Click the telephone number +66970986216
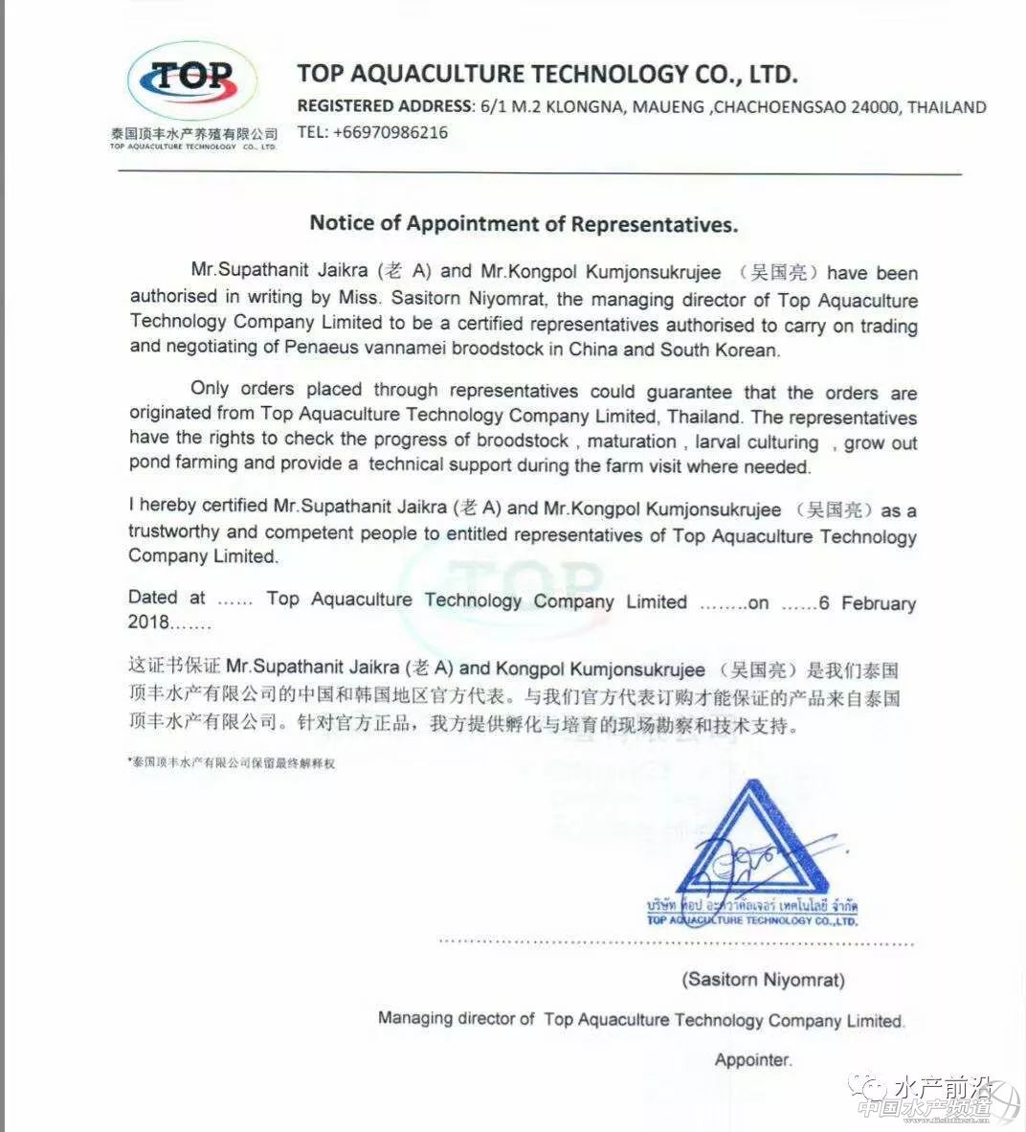390,133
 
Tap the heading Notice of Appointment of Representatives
524,224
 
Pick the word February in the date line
879,603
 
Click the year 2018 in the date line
148,623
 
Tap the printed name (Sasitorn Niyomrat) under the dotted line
763,980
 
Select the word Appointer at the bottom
753,1060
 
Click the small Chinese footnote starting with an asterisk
232,763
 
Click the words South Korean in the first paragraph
719,350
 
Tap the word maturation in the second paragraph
632,441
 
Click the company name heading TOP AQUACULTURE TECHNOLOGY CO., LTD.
546,74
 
